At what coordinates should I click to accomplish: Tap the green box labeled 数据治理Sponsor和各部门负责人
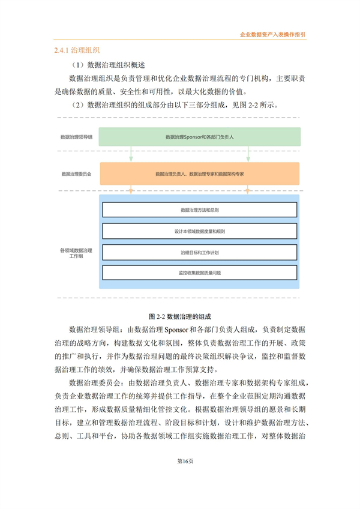[199, 137]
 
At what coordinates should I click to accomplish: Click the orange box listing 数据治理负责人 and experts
[199, 173]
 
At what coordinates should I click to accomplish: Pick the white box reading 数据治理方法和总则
[199, 210]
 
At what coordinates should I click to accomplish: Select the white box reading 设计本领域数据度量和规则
[199, 231]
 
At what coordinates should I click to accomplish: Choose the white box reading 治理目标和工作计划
[199, 251]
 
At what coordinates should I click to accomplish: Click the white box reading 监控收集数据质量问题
[199, 273]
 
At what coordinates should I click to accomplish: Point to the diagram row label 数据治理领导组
[76, 137]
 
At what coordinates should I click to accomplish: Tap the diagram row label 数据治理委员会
[76, 173]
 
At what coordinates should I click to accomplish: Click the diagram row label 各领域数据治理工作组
[76, 252]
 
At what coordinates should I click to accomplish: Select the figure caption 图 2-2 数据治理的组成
[180, 316]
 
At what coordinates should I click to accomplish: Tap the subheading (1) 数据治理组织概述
[108, 65]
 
